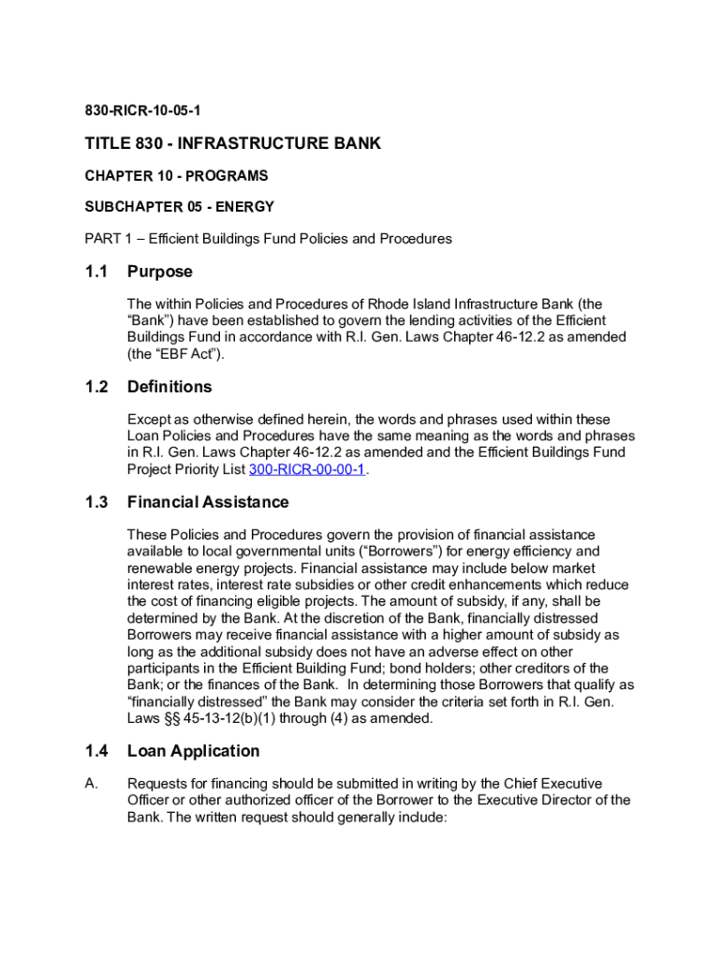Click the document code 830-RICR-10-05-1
143,111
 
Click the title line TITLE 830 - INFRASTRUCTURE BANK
233,143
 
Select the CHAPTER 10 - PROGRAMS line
176,175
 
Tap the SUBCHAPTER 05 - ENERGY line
179,206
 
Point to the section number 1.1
96,272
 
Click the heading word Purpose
160,272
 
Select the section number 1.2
96,387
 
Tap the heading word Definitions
169,387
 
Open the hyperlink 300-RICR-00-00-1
307,470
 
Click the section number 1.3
96,502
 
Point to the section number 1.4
96,751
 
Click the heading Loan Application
194,751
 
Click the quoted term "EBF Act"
189,354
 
